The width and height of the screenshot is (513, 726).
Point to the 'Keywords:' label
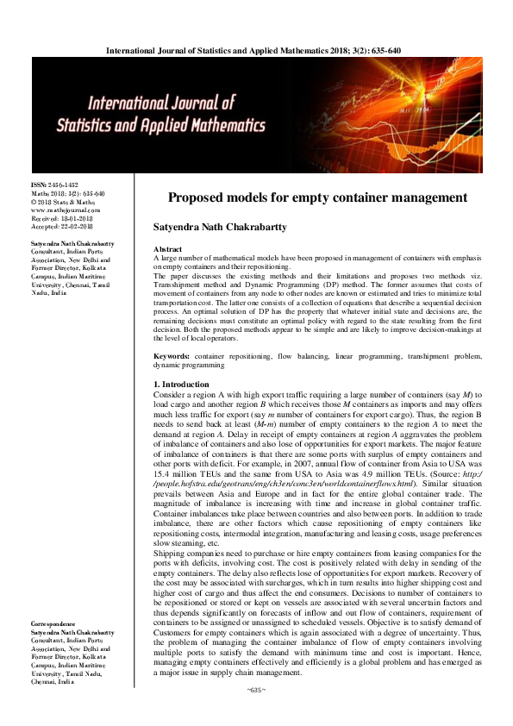tap(172, 355)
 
